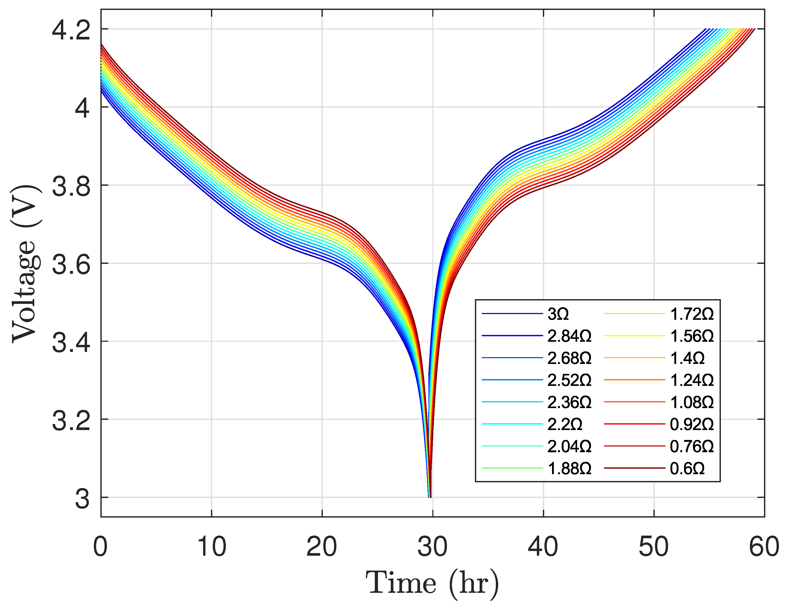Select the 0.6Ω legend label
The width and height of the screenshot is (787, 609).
click(x=687, y=468)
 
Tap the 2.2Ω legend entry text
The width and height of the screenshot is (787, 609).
click(x=565, y=425)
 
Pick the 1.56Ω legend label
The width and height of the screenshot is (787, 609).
click(x=692, y=336)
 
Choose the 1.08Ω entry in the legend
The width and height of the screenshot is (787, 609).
click(x=692, y=403)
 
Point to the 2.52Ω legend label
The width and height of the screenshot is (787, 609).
click(x=569, y=380)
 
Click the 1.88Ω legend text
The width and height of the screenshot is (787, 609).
click(x=569, y=468)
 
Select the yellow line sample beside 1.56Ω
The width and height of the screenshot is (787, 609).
click(x=634, y=336)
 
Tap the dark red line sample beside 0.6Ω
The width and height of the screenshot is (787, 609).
click(x=634, y=468)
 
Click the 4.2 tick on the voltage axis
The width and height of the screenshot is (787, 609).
click(x=71, y=30)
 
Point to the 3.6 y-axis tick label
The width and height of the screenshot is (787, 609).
click(x=71, y=264)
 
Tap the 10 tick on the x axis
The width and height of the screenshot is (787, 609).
click(x=211, y=547)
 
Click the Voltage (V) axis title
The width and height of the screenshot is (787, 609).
click(x=25, y=264)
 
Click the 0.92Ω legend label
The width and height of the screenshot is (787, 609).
click(x=692, y=425)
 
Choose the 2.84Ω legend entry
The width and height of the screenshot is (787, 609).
click(x=569, y=336)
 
